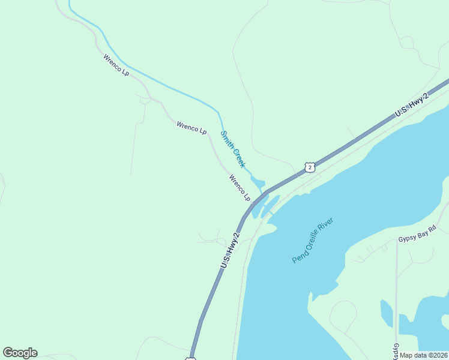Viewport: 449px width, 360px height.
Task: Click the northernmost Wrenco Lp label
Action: click(116, 65)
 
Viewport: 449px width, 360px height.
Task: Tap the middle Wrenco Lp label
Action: click(191, 128)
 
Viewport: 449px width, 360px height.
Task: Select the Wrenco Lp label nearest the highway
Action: click(240, 187)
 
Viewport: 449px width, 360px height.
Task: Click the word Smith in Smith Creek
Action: click(226, 140)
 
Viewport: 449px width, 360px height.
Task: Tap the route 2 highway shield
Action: click(309, 167)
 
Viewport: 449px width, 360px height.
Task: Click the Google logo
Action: click(20, 353)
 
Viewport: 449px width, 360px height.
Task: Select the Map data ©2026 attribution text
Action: click(424, 355)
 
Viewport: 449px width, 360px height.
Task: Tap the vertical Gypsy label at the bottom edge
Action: click(396, 349)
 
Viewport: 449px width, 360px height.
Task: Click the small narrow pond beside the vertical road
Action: click(387, 313)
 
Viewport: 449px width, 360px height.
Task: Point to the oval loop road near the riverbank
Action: click(343, 316)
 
